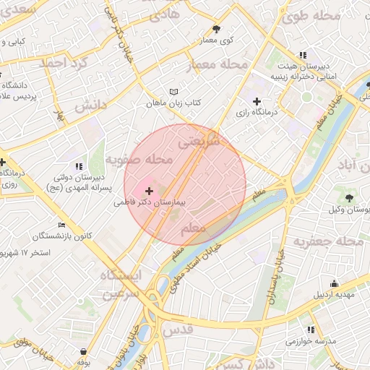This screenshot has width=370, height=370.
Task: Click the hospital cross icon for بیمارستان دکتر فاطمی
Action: click(x=150, y=192)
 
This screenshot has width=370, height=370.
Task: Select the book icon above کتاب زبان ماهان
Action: click(x=173, y=92)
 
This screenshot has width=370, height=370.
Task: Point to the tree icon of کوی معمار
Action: click(x=217, y=29)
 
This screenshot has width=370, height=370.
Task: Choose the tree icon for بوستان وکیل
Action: click(x=350, y=197)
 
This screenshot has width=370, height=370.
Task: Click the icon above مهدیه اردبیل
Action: click(x=334, y=283)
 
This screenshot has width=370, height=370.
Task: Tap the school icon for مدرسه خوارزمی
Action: click(x=311, y=330)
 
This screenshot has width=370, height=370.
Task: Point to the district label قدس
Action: click(x=180, y=329)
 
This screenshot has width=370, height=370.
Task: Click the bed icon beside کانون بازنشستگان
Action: click(x=61, y=225)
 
